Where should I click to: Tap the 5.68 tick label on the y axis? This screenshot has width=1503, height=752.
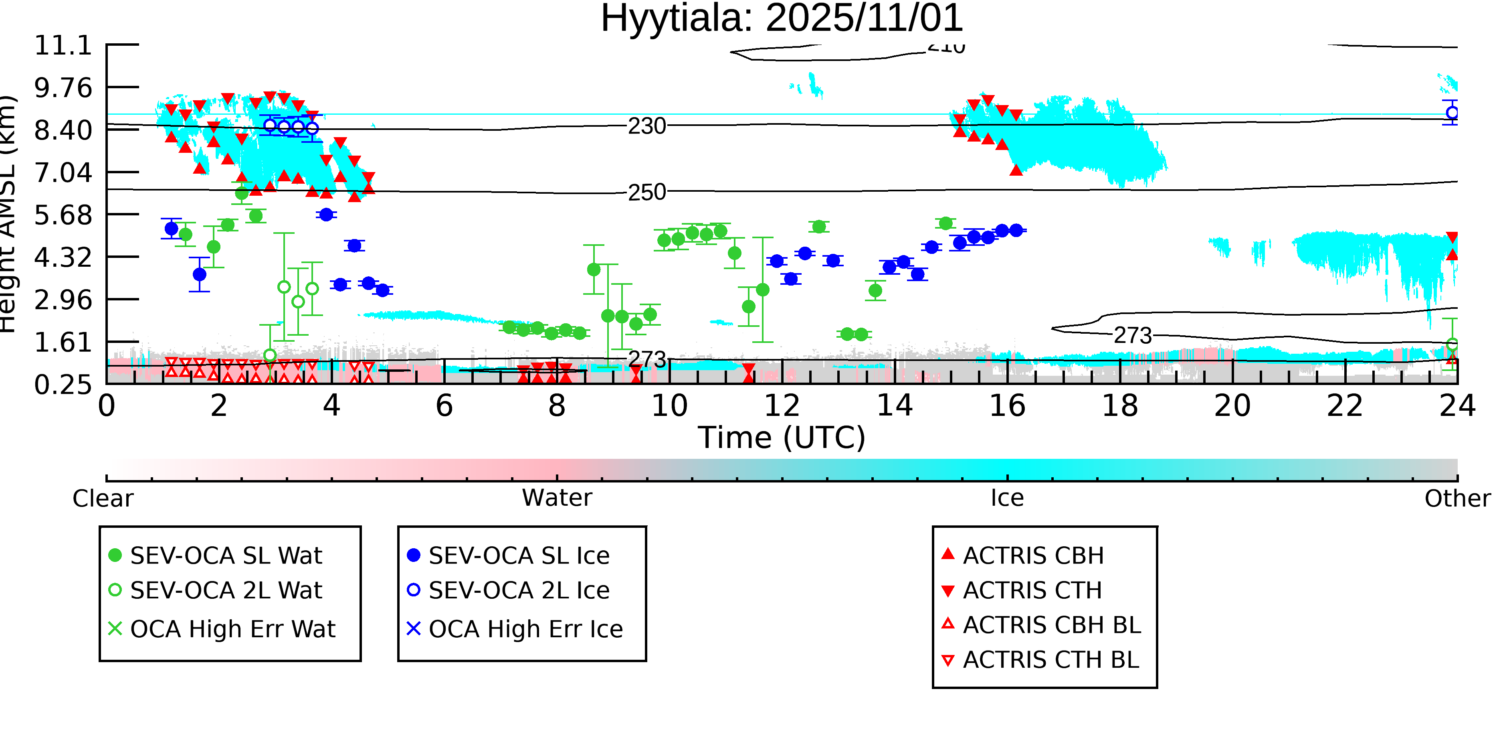(x=63, y=215)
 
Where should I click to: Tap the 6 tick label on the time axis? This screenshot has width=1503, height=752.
(x=444, y=406)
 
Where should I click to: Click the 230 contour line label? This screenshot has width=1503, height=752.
(x=646, y=126)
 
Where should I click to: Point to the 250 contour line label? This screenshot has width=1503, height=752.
(x=646, y=193)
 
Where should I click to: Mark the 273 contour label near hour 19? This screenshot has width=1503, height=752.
(x=1133, y=336)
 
